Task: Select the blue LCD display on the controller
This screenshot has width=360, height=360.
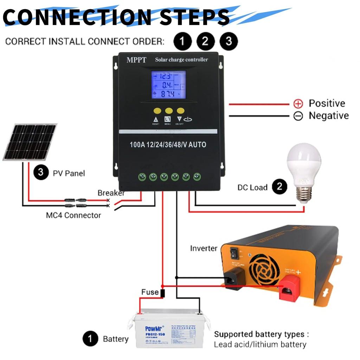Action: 168,85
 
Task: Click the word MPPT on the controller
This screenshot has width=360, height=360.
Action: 136,60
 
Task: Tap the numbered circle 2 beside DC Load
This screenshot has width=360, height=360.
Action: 279,187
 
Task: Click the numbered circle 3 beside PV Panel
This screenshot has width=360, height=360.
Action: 41,173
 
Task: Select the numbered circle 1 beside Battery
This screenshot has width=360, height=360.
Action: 90,339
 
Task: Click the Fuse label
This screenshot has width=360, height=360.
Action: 150,292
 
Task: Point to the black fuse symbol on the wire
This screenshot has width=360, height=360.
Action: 162,293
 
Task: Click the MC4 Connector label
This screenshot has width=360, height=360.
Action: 73,215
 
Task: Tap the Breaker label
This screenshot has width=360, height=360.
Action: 111,193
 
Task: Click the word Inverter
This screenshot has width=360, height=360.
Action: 204,248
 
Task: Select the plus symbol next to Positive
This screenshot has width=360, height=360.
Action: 298,104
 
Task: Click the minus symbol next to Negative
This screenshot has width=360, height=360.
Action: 298,116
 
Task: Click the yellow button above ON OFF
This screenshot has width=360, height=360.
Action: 181,110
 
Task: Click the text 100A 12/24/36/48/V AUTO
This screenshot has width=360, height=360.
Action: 168,144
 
